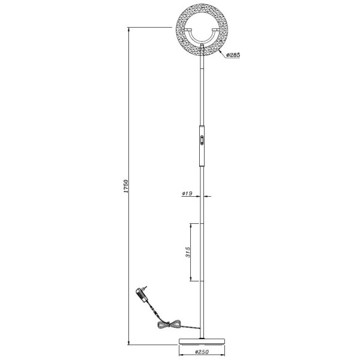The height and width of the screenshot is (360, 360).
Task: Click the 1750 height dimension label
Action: click(126, 186)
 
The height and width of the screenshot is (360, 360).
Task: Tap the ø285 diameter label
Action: click(233, 55)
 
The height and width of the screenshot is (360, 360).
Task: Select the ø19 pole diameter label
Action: click(187, 193)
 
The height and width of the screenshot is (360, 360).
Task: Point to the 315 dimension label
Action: click(188, 252)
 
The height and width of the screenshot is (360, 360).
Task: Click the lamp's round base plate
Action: click(202, 341)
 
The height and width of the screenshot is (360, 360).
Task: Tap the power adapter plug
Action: click(142, 295)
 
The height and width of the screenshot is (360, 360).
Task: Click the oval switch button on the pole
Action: click(202, 140)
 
